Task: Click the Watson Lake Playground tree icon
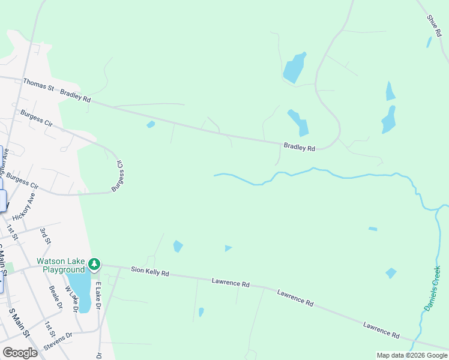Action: pyautogui.click(x=94, y=264)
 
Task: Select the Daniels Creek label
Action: pyautogui.click(x=432, y=288)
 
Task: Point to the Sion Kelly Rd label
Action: pyautogui.click(x=150, y=272)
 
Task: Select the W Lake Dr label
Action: pyautogui.click(x=72, y=298)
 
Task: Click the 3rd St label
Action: pyautogui.click(x=45, y=235)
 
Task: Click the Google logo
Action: pyautogui.click(x=20, y=353)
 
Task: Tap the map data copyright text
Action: pyautogui.click(x=411, y=355)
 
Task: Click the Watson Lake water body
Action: pyautogui.click(x=79, y=290)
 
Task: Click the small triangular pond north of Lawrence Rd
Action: pyautogui.click(x=228, y=248)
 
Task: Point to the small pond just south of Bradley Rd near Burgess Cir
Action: pyautogui.click(x=151, y=125)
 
